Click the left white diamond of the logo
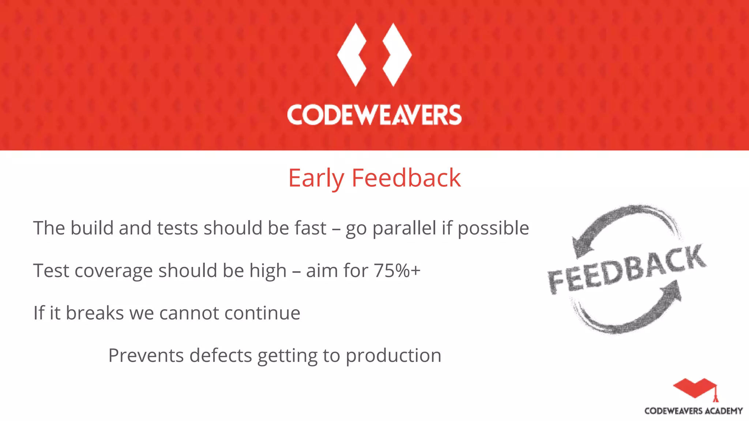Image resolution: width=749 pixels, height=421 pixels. [x=352, y=55]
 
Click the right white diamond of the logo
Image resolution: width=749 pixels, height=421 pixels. [x=397, y=55]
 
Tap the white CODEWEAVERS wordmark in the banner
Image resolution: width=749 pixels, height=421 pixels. [x=374, y=115]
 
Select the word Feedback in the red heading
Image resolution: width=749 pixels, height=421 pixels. [x=406, y=178]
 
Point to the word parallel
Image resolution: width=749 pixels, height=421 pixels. [x=404, y=228]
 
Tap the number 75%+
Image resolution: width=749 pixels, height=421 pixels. [x=397, y=271]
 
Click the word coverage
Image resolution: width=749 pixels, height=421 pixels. [x=113, y=271]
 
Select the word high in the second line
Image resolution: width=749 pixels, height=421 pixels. [x=268, y=271]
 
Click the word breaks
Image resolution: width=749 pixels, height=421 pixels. [x=95, y=313]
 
